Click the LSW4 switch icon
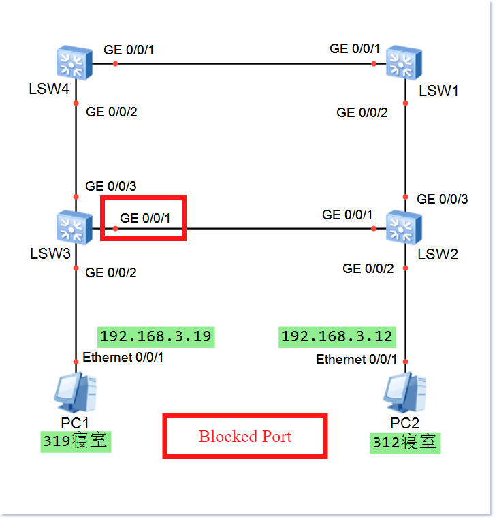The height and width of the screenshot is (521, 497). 74,63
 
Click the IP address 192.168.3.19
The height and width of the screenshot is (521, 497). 155,336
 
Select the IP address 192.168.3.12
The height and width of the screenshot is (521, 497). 337,336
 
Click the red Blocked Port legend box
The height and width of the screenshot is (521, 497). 245,437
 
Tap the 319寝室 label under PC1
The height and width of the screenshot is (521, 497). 75,441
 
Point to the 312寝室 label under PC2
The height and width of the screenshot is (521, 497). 405,443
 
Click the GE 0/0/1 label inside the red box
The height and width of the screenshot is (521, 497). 145,218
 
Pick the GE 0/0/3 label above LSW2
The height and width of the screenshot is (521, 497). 443,199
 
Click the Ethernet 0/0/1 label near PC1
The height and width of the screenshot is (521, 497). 123,358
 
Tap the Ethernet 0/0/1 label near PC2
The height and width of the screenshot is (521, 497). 356,359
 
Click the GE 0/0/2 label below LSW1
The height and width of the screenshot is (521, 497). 362,112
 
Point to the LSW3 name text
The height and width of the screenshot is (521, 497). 50,254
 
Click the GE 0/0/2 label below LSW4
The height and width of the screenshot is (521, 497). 112,112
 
